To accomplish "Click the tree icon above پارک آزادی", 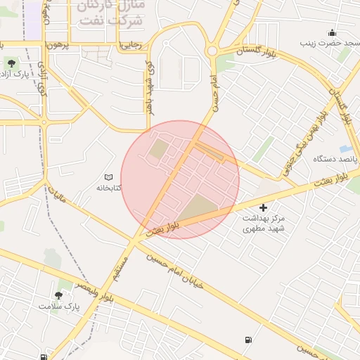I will pyautogui.click(x=11, y=63).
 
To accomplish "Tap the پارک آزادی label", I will pyautogui.click(x=14, y=75).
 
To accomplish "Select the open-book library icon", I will pyautogui.click(x=108, y=177).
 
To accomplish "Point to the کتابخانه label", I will pyautogui.click(x=109, y=188).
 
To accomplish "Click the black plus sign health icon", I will pyautogui.click(x=263, y=207).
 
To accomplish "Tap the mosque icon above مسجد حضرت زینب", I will pyautogui.click(x=332, y=32).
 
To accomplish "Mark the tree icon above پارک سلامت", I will pyautogui.click(x=58, y=295).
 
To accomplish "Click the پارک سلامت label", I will pyautogui.click(x=60, y=307).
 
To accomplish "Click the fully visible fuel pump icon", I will pyautogui.click(x=247, y=340).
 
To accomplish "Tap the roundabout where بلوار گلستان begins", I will pyautogui.click(x=212, y=51).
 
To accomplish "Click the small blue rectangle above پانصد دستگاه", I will pyautogui.click(x=345, y=148).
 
